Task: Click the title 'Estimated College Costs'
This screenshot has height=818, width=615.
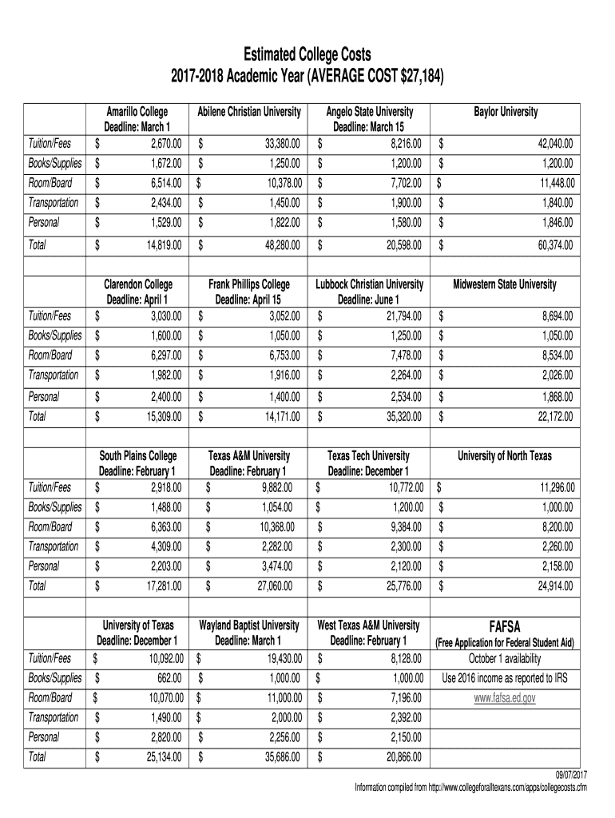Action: tap(307, 54)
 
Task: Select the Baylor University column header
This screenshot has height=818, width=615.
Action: tap(506, 113)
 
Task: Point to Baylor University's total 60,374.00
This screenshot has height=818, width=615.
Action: tap(551, 245)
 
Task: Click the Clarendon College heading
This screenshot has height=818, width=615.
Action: tap(138, 284)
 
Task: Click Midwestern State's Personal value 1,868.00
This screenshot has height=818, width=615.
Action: tap(553, 396)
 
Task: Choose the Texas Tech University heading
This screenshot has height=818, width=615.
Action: tap(369, 456)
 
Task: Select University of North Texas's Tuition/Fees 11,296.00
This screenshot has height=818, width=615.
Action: tap(551, 487)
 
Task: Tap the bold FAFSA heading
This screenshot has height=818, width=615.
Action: tap(504, 627)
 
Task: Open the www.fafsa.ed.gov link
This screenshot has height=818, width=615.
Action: tap(504, 697)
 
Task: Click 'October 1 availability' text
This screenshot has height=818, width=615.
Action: tap(504, 659)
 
